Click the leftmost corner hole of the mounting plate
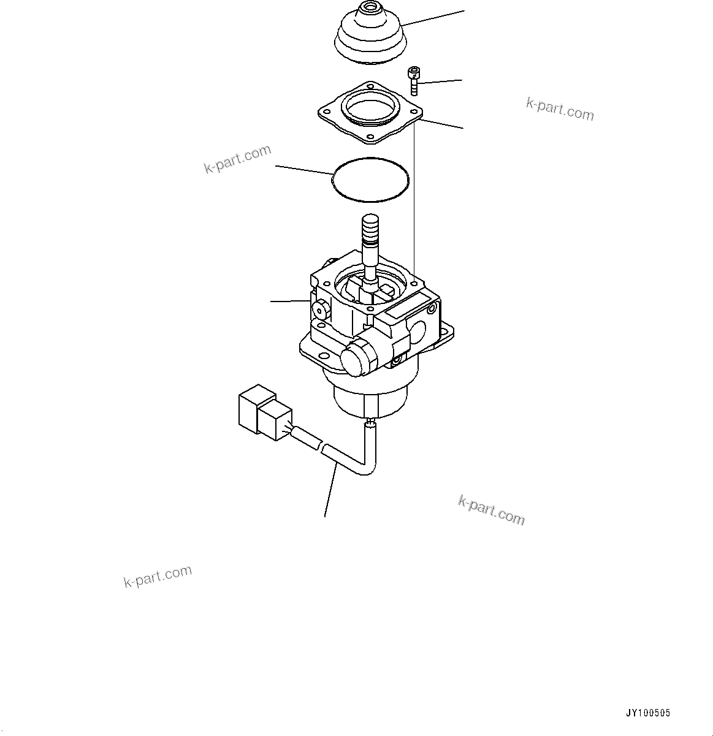pos(324,111)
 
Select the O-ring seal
pos(370,179)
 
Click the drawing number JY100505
pos(648,713)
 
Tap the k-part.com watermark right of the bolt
pos(560,108)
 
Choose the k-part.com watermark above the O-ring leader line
pos(237,159)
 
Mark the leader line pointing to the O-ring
pos(303,170)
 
